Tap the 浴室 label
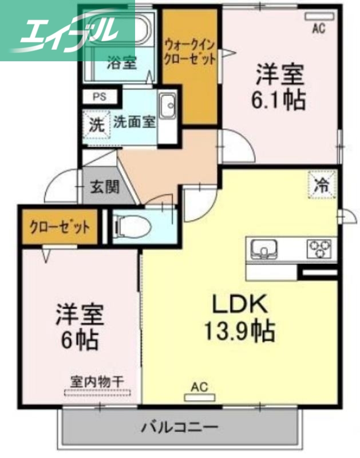click(122, 62)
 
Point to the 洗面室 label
click(134, 121)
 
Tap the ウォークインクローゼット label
click(190, 51)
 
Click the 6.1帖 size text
click(279, 101)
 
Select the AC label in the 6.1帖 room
click(318, 29)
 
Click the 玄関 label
click(104, 187)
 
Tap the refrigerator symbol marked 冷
click(322, 185)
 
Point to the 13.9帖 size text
click(240, 330)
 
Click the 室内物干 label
click(97, 380)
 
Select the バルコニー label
click(179, 427)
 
